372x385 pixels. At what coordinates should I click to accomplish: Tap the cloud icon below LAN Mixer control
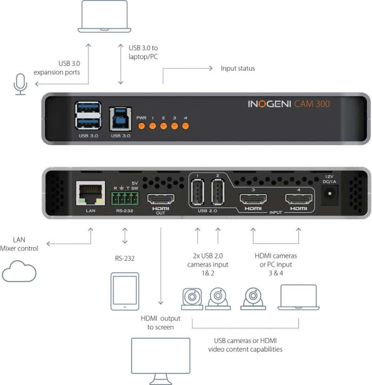(x=19, y=272)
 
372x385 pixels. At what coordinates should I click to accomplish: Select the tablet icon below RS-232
(x=124, y=290)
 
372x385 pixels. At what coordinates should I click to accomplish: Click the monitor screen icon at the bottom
(x=161, y=356)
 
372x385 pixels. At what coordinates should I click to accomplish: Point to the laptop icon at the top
(x=103, y=16)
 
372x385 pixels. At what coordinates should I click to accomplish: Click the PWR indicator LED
(x=141, y=126)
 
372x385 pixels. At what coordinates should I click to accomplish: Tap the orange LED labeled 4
(x=185, y=126)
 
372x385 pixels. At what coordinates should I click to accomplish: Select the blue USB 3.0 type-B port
(x=119, y=116)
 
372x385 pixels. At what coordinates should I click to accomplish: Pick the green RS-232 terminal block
(x=124, y=196)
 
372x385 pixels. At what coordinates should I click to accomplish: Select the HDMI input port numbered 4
(x=298, y=200)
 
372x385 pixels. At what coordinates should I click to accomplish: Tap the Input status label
(x=238, y=68)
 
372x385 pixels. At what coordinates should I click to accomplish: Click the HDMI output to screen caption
(x=161, y=323)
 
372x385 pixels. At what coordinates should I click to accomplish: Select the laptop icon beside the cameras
(x=298, y=298)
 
